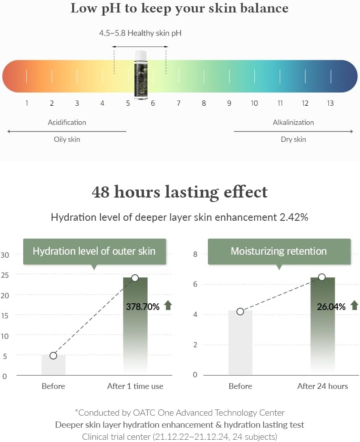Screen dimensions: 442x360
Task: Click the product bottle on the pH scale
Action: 141,74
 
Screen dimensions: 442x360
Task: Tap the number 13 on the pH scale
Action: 330,103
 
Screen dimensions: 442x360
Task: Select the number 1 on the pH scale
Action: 27,103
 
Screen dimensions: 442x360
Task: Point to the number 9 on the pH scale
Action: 229,103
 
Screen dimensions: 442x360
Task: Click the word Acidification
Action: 67,122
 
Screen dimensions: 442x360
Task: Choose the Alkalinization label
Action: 293,122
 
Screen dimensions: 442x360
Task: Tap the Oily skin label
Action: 67,139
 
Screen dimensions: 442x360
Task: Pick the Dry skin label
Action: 293,139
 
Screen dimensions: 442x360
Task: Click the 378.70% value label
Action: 143,306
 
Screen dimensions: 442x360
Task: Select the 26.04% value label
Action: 331,306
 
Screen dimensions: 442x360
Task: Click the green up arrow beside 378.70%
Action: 168,306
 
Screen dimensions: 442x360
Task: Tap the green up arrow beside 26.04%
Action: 354,306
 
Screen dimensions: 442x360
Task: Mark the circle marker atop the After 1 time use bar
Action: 135,278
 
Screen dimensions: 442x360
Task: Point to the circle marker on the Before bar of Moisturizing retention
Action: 240,311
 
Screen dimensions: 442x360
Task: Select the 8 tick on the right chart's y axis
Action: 195,254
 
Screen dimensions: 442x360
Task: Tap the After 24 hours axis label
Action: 323,386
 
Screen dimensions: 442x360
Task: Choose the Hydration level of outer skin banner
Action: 94,251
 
